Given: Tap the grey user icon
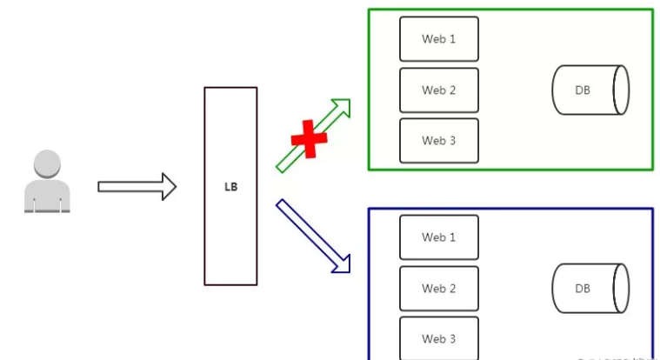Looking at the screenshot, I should (x=47, y=182).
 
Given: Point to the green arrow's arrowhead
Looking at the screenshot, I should (x=343, y=106).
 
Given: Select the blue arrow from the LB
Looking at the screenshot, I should (x=312, y=234).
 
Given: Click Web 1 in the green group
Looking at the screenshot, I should (x=439, y=39).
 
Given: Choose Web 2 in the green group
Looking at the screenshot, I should (x=439, y=90).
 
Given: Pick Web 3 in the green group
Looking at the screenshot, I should (x=439, y=140).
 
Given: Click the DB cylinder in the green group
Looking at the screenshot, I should (x=590, y=90).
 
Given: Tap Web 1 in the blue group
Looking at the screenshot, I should (x=439, y=237).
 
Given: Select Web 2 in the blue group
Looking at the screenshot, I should (x=439, y=288).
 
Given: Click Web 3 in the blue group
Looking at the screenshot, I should (x=439, y=337).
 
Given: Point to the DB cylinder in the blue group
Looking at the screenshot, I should (x=590, y=288).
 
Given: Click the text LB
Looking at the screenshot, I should (x=230, y=186).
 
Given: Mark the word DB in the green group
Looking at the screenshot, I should (x=582, y=90).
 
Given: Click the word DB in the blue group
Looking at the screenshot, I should (x=582, y=288).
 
